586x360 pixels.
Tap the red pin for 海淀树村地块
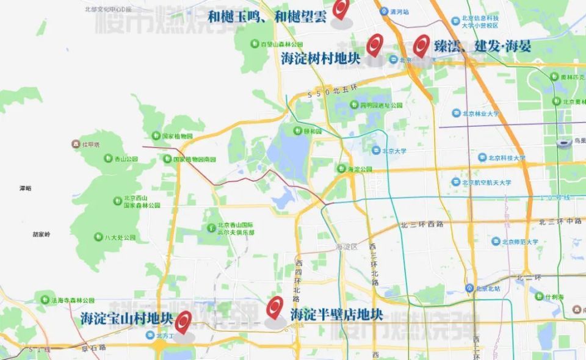[374, 44]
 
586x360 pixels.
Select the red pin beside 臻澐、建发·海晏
[421, 45]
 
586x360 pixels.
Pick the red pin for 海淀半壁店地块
[275, 307]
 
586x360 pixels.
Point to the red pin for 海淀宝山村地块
[183, 322]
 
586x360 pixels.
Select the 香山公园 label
[126, 159]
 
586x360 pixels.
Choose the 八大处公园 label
[120, 237]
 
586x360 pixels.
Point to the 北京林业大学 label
[480, 113]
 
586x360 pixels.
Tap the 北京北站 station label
[488, 288]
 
